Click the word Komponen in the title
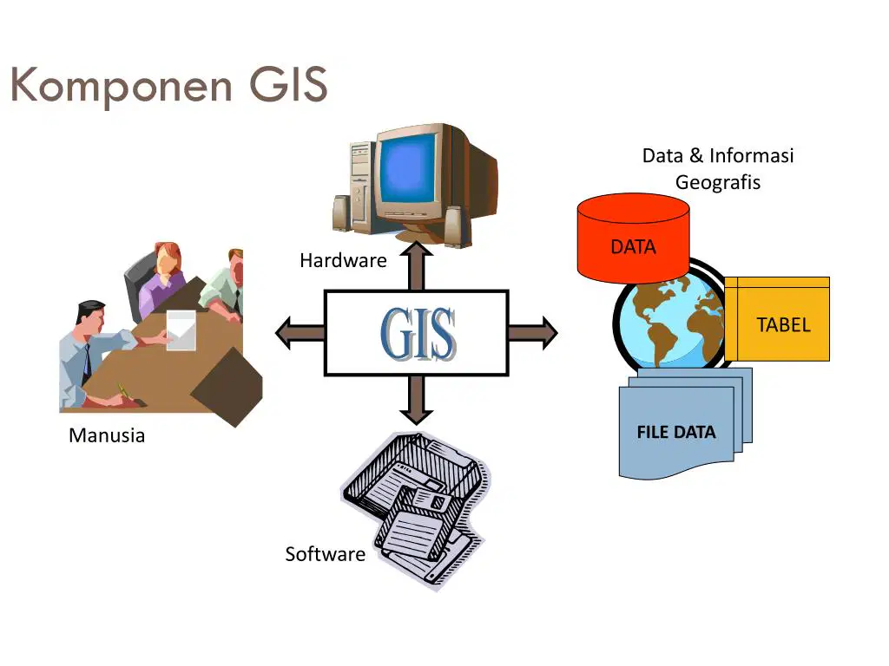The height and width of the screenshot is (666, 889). click(x=122, y=86)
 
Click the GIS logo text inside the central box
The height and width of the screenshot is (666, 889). click(x=418, y=334)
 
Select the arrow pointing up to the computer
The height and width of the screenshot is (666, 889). click(x=417, y=265)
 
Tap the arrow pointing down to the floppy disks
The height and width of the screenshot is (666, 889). click(x=417, y=400)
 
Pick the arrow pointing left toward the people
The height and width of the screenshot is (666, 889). click(x=300, y=333)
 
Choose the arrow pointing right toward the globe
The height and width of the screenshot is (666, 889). click(x=533, y=333)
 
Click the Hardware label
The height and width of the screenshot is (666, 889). click(x=343, y=260)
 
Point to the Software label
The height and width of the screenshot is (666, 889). click(x=325, y=554)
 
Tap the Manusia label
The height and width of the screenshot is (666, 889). click(x=107, y=435)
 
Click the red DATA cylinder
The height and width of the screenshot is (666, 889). click(x=633, y=238)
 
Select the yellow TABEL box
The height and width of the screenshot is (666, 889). click(x=777, y=319)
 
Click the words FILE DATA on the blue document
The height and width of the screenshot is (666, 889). click(x=675, y=432)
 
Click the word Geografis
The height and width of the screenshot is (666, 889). click(x=718, y=182)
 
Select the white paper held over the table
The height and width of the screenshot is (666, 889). click(x=181, y=330)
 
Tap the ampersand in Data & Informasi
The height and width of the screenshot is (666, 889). click(x=696, y=155)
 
